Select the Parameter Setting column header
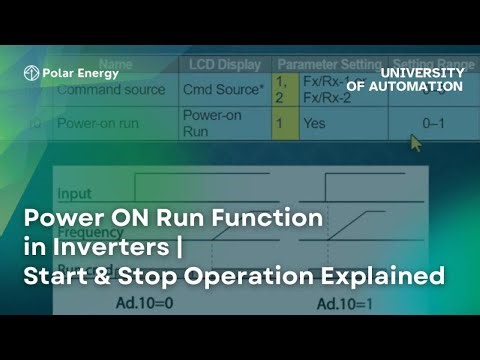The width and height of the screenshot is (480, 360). pyautogui.click(x=324, y=64)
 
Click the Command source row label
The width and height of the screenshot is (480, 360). pyautogui.click(x=110, y=89)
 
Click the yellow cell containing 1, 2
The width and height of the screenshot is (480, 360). pyautogui.click(x=282, y=89)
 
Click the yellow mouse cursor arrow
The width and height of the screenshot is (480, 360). pyautogui.click(x=416, y=142)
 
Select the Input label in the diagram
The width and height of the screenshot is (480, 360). pyautogui.click(x=75, y=193)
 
